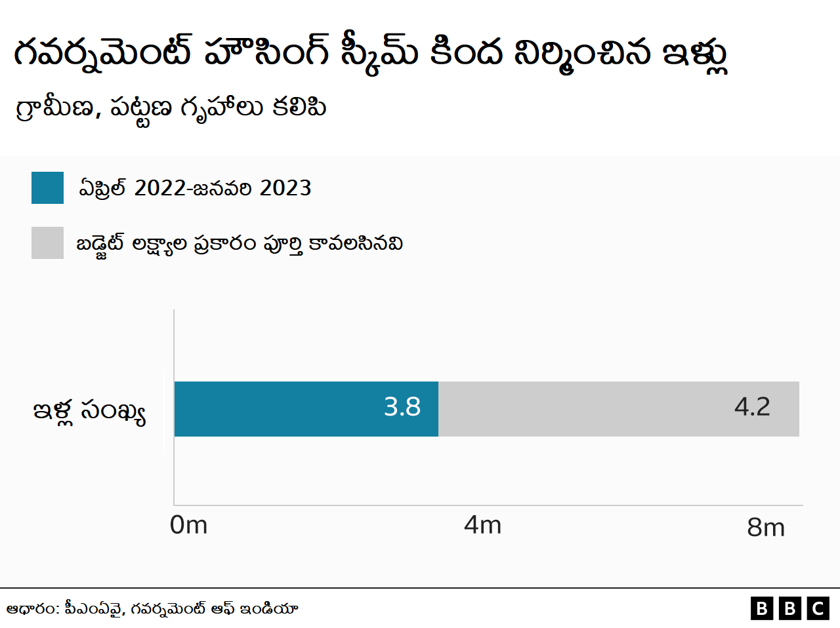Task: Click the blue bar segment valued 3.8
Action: point(306,409)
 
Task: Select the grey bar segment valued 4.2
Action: point(618,409)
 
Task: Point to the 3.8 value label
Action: point(402,407)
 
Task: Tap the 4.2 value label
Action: point(752,407)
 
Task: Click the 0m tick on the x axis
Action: point(188,525)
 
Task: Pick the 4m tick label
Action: point(482,525)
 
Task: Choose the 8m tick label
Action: point(765,527)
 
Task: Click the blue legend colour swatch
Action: point(47,188)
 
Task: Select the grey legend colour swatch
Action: point(47,243)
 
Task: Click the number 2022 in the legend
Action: point(160,188)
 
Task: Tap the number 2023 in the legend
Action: point(285,188)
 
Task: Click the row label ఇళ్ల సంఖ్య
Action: point(89,412)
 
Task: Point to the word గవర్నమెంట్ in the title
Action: point(102,52)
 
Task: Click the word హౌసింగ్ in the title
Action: point(266,52)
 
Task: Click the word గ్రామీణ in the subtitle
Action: point(55,108)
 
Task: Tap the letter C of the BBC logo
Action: point(818,608)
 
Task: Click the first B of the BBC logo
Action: point(761,608)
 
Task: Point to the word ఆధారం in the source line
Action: point(32,609)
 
